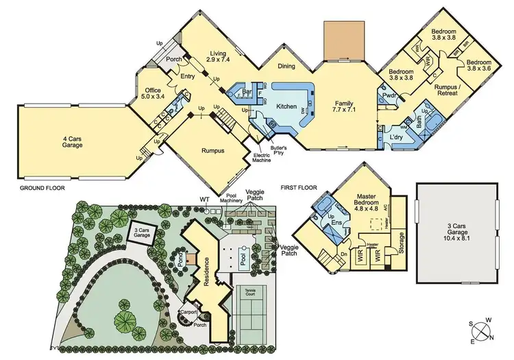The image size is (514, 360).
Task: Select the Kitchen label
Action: (286, 107)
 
